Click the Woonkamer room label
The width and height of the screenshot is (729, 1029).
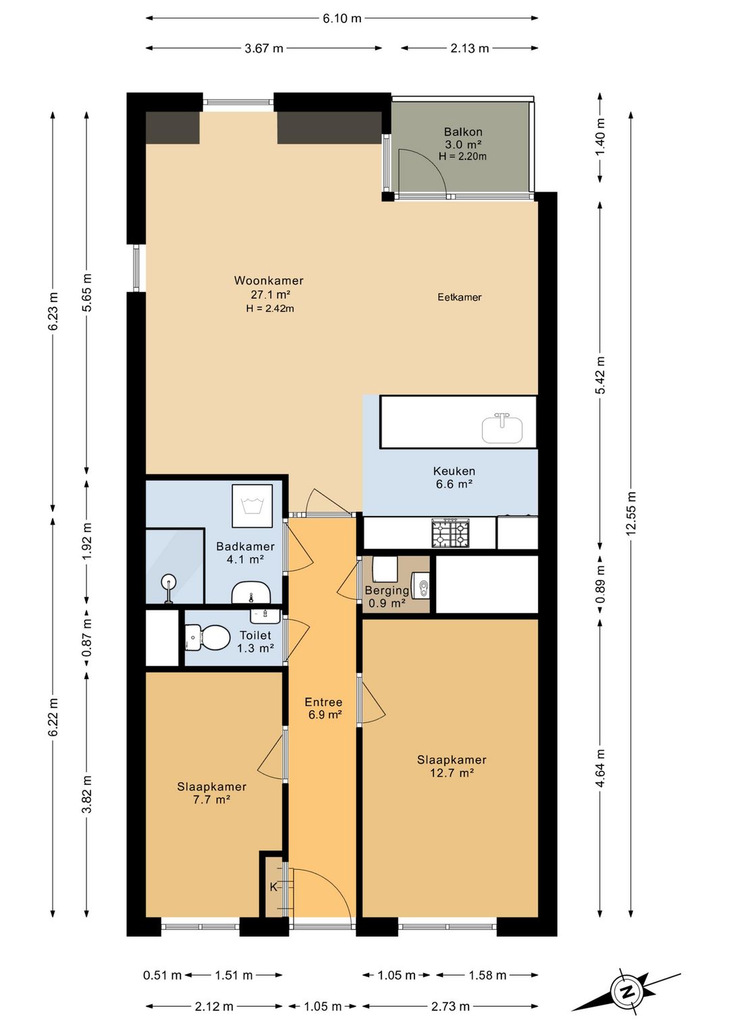pos(269,281)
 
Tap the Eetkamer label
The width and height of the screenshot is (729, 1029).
pos(460,297)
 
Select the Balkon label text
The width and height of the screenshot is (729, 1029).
pos(463,132)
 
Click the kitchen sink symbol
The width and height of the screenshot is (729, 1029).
pos(502,428)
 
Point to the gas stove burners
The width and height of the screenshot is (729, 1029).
pos(451,533)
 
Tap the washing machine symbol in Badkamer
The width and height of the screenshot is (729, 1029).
pos(252,506)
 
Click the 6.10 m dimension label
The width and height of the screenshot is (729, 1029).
pos(342,18)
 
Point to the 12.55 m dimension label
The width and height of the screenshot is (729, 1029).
pos(630,513)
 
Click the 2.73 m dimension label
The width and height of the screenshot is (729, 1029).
pos(450,1007)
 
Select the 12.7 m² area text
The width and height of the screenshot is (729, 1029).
pos(452,773)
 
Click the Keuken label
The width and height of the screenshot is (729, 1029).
pos(454,471)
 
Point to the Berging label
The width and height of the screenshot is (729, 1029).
pos(387,590)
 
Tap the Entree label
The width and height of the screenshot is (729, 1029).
pos(323,702)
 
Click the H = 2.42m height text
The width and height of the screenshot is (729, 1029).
pos(270,308)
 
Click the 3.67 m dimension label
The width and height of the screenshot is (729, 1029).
pos(264,49)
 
